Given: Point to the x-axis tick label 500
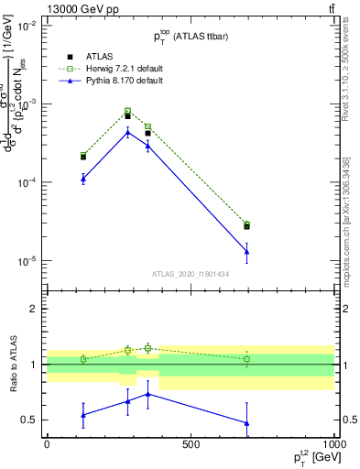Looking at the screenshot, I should point(191,444).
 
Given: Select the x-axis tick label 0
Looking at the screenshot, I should point(47,444).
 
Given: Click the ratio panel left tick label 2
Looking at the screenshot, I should point(34,309).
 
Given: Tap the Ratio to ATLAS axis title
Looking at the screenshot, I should point(13,364).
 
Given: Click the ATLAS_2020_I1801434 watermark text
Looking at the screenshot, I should point(191,274).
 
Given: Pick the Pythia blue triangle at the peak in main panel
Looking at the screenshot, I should point(127,132).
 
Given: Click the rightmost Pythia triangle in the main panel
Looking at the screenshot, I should point(246,251).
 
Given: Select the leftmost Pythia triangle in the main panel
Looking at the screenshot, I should point(83,178).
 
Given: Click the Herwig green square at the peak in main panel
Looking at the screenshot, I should point(127,112).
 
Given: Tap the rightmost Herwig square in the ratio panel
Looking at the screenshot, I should point(246,359).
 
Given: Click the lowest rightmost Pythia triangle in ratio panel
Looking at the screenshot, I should point(246,423).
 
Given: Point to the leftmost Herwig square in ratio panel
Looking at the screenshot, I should point(83,359).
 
